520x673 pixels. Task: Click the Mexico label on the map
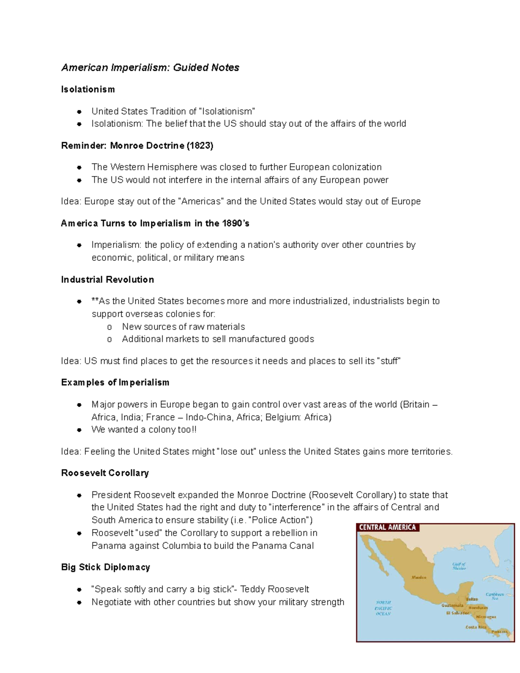[419, 577]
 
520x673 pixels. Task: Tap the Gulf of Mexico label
[458, 566]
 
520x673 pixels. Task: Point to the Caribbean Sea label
[494, 596]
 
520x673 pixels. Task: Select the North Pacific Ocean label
[383, 608]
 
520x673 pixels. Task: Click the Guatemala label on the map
[452, 605]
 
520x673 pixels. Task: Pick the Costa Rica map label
[476, 627]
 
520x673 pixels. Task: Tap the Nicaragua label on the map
[486, 616]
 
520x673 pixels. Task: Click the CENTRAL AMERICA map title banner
[387, 527]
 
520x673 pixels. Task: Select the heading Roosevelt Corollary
[105, 473]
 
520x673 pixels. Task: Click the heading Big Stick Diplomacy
[105, 567]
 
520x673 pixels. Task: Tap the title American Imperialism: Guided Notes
[150, 68]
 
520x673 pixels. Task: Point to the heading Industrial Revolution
[107, 280]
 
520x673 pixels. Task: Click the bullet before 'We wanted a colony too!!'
[79, 430]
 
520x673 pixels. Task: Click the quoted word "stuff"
[389, 361]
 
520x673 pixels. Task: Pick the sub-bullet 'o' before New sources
[109, 327]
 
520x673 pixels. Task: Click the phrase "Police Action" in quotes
[280, 520]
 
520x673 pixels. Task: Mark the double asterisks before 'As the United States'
[95, 301]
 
